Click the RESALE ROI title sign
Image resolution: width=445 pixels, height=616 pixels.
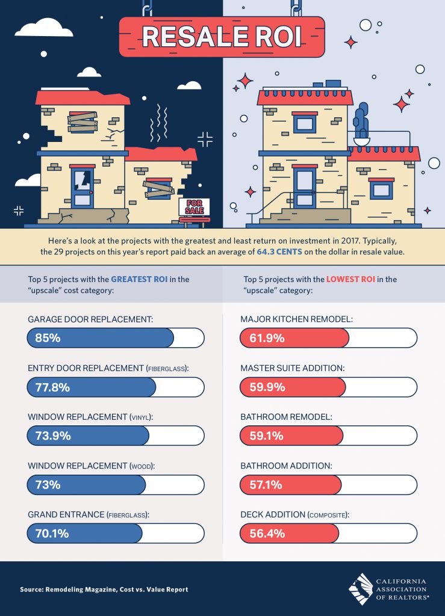tap(222, 36)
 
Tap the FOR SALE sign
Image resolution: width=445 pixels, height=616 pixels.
tap(194, 207)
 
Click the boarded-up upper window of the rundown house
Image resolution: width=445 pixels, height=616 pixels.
tap(82, 122)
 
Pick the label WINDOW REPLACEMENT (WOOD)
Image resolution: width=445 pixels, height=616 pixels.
tap(87, 466)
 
